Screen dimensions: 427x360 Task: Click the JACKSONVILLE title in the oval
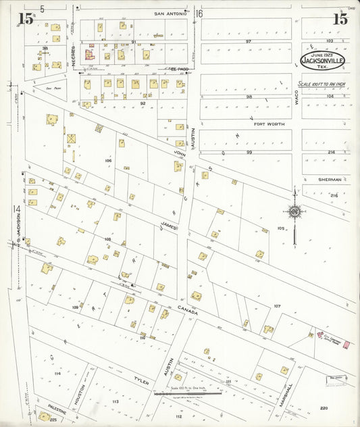322,59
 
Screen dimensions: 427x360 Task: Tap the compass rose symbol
294,213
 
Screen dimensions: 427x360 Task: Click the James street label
168,227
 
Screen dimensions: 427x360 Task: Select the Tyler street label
140,382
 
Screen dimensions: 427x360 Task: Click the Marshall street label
289,396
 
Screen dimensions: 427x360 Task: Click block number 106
107,161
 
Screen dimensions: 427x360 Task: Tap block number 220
324,408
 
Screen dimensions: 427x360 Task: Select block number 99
249,153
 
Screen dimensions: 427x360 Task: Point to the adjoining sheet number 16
199,14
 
